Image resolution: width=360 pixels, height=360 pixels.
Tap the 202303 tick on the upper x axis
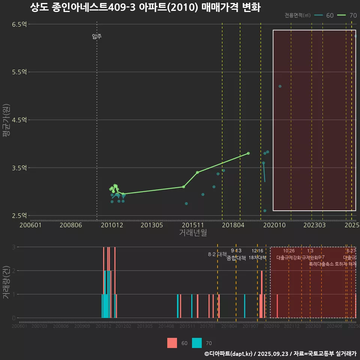point(314,225)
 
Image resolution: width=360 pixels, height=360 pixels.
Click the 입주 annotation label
point(97,36)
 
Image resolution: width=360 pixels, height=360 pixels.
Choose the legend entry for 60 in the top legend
point(324,15)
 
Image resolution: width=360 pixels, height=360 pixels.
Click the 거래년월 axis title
point(193,232)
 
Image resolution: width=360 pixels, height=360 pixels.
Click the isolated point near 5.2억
point(280,86)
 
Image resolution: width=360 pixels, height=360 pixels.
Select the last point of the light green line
point(248,153)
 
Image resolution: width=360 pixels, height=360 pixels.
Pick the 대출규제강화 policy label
point(288,258)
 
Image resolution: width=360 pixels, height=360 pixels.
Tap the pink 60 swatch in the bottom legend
point(172,343)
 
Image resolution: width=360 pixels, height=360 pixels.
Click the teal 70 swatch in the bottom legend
point(196,343)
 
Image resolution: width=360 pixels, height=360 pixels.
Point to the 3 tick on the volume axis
point(13,247)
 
